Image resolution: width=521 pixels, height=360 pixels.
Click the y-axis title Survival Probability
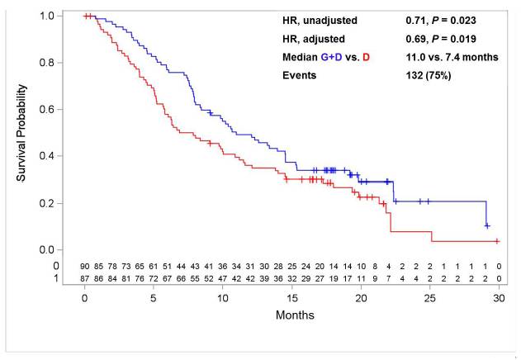click(x=21, y=133)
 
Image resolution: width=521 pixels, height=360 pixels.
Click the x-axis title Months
click(x=295, y=315)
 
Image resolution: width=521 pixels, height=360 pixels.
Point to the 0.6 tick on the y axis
click(x=59, y=109)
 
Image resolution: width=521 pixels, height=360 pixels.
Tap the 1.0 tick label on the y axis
click(x=48, y=16)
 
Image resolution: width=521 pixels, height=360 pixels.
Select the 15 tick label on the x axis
click(x=292, y=298)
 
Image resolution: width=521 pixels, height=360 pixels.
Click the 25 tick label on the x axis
click(x=430, y=298)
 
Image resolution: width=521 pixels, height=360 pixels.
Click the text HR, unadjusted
click(x=320, y=21)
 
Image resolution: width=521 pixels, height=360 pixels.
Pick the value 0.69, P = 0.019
click(x=441, y=39)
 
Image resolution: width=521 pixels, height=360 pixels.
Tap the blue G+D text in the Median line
click(x=331, y=57)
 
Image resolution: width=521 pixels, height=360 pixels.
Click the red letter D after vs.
click(x=366, y=57)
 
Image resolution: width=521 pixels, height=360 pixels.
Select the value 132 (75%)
click(x=429, y=75)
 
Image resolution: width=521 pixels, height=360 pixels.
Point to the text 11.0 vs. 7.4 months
click(x=452, y=57)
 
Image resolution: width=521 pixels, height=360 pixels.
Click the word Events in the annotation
click(x=299, y=75)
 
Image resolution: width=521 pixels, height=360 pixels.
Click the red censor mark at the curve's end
click(x=497, y=241)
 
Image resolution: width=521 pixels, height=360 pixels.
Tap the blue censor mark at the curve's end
click(x=487, y=225)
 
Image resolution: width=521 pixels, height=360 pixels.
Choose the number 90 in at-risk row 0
click(x=85, y=266)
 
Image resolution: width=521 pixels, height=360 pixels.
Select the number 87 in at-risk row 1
click(x=85, y=278)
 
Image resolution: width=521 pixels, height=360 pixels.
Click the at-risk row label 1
click(x=56, y=278)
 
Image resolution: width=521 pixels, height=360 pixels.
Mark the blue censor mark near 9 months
click(x=210, y=113)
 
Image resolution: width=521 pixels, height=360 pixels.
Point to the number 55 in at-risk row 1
click(x=195, y=278)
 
